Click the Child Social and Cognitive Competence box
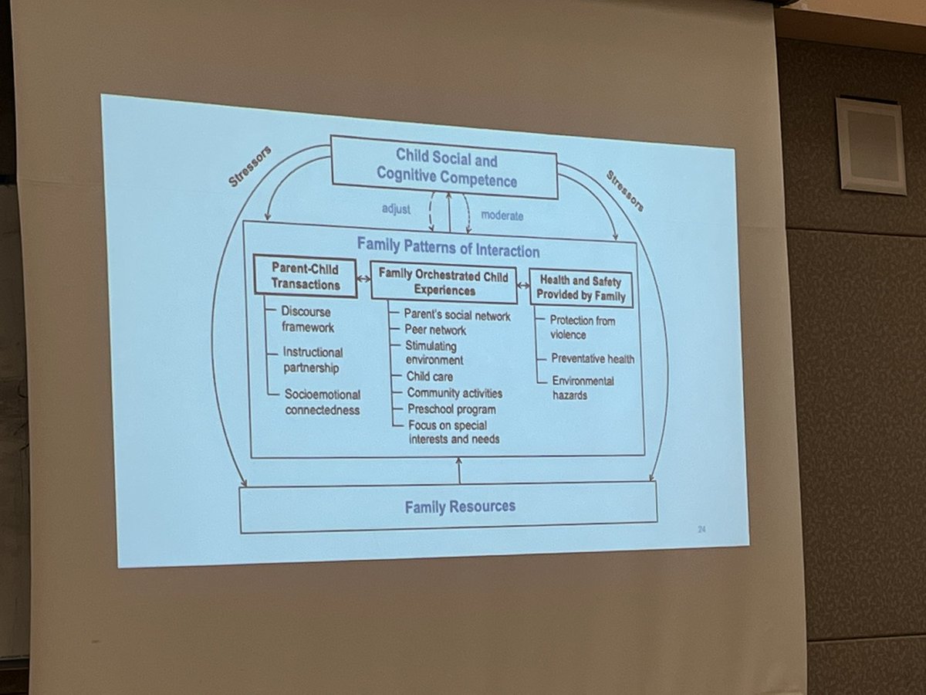(x=444, y=168)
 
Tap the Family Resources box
(x=448, y=507)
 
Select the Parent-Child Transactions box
(x=306, y=276)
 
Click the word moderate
(x=502, y=215)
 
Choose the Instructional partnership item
(x=312, y=359)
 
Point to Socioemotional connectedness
(x=322, y=402)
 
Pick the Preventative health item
(x=593, y=358)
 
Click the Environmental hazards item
(x=582, y=388)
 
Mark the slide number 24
(x=702, y=530)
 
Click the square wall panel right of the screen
(x=870, y=145)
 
